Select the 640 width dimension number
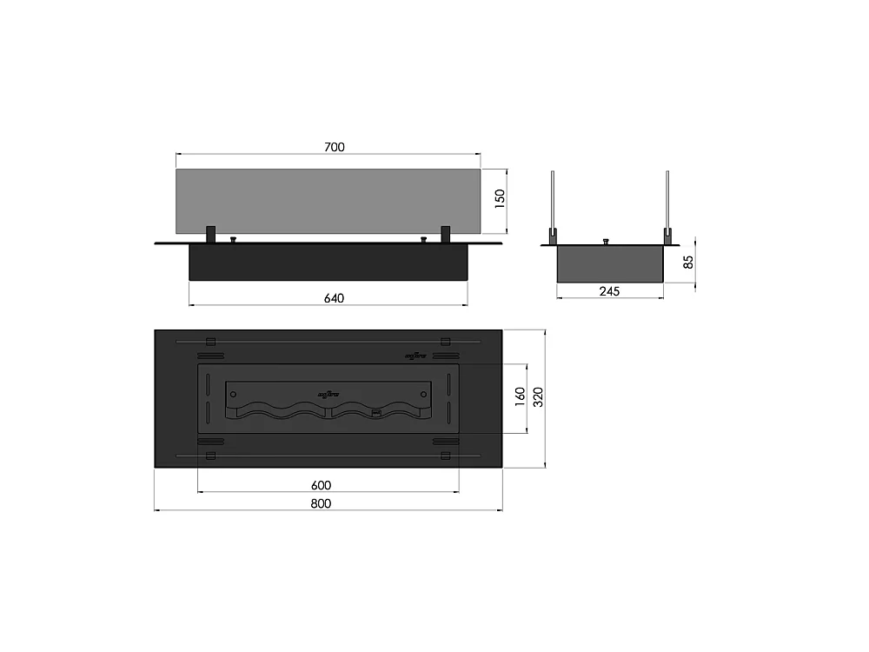335,298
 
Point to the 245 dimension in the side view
609,291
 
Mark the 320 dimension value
539,397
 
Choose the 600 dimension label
322,485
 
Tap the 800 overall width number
322,503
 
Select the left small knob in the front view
232,238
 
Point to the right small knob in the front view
423,238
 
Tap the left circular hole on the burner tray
233,394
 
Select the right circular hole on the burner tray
423,394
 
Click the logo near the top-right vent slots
415,355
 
